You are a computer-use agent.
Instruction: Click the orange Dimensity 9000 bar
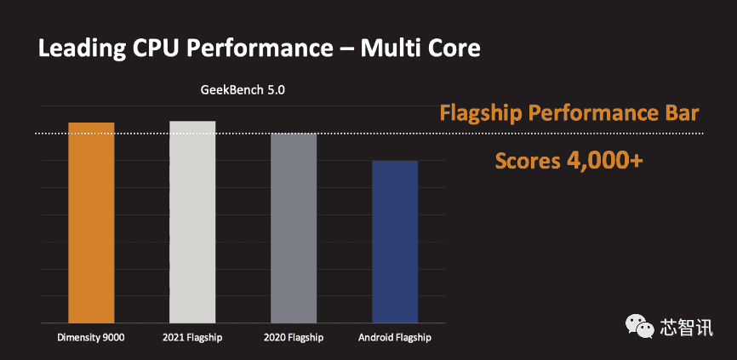click(91, 223)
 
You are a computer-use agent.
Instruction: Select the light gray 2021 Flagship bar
click(192, 222)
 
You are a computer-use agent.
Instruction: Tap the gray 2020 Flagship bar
click(294, 228)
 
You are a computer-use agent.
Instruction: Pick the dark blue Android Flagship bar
click(395, 242)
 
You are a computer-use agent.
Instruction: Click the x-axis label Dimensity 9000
click(91, 338)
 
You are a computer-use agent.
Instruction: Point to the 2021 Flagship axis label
click(192, 338)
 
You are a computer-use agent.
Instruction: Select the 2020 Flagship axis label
click(294, 338)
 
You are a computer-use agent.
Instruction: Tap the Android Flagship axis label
click(395, 338)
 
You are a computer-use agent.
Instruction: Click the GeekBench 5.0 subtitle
click(243, 90)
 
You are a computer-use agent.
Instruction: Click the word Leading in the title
click(79, 49)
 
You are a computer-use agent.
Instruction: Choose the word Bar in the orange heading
click(682, 114)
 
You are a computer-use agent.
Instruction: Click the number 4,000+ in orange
click(604, 161)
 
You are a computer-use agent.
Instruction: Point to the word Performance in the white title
click(260, 49)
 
